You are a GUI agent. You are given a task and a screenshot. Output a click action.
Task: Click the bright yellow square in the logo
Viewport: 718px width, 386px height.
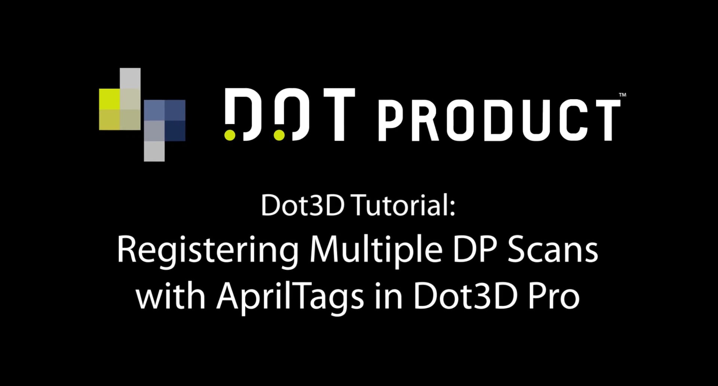pyautogui.click(x=109, y=99)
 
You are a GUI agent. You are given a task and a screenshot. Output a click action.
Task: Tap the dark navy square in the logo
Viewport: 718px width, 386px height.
pyautogui.click(x=175, y=131)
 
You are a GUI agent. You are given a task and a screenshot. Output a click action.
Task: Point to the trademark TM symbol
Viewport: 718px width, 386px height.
pyautogui.click(x=622, y=95)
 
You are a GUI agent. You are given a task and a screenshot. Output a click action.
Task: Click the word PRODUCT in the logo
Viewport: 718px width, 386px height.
pyautogui.click(x=500, y=120)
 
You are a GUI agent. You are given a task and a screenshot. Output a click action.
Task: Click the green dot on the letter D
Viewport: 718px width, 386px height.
pyautogui.click(x=230, y=135)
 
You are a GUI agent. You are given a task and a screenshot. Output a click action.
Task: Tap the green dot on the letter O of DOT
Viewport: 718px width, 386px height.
pyautogui.click(x=279, y=135)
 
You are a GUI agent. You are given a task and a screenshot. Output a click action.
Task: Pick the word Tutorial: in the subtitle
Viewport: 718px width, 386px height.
pyautogui.click(x=404, y=205)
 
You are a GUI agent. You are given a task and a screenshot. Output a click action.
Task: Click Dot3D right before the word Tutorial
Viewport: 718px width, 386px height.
pyautogui.click(x=303, y=205)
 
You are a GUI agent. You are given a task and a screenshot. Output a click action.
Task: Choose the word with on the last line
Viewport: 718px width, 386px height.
pyautogui.click(x=171, y=297)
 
